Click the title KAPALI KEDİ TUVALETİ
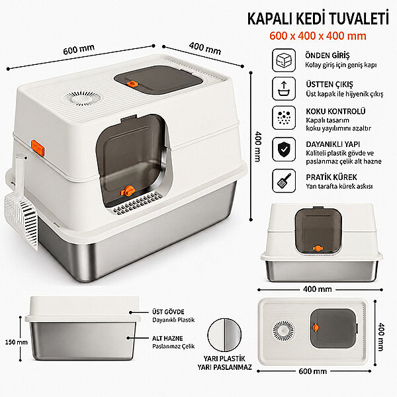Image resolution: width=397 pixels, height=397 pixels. (318, 19)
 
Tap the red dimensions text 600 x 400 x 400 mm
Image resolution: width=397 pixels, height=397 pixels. (318, 36)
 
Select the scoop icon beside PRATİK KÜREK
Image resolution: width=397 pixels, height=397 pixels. (284, 181)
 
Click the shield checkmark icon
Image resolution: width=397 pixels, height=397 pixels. (284, 150)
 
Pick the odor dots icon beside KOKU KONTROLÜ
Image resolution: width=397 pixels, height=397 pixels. (284, 118)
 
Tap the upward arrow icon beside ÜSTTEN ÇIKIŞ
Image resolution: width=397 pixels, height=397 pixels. (284, 89)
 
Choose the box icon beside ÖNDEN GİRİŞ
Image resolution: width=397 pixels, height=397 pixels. (284, 60)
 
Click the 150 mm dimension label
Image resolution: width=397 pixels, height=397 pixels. (17, 342)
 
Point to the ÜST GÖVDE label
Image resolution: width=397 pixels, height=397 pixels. (168, 312)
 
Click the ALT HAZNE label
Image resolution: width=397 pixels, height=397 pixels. (167, 339)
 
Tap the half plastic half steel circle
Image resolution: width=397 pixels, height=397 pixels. (224, 335)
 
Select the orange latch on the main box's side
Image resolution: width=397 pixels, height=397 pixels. (38, 148)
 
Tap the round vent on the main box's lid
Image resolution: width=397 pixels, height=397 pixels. (83, 98)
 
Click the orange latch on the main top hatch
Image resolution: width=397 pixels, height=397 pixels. (132, 83)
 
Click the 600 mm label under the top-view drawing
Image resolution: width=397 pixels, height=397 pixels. (313, 371)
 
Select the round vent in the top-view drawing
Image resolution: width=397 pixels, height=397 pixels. (284, 331)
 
